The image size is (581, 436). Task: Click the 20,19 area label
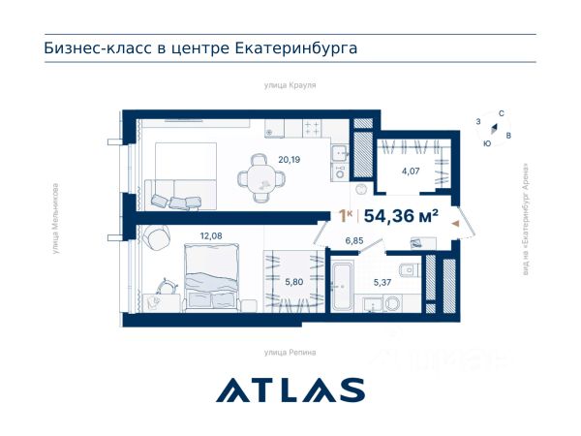click(289, 160)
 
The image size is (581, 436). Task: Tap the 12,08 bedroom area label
click(211, 235)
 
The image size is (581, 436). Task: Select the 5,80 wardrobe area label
click(293, 282)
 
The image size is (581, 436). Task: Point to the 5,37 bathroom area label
click(382, 282)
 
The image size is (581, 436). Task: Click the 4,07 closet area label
click(411, 171)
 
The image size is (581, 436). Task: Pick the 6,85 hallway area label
click(354, 240)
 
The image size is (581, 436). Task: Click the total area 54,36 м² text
click(401, 216)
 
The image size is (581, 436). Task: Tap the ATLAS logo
click(290, 390)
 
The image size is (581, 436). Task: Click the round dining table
click(261, 179)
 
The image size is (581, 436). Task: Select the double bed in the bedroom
click(211, 275)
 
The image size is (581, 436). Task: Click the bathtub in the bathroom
click(343, 286)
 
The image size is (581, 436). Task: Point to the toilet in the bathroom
click(409, 270)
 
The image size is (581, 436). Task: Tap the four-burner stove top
click(312, 128)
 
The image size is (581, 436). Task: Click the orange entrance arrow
click(455, 223)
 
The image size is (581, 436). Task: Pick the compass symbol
click(494, 128)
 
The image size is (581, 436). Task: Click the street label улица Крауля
click(290, 85)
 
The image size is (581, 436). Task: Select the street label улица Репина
click(290, 353)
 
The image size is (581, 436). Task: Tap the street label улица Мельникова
click(55, 219)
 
